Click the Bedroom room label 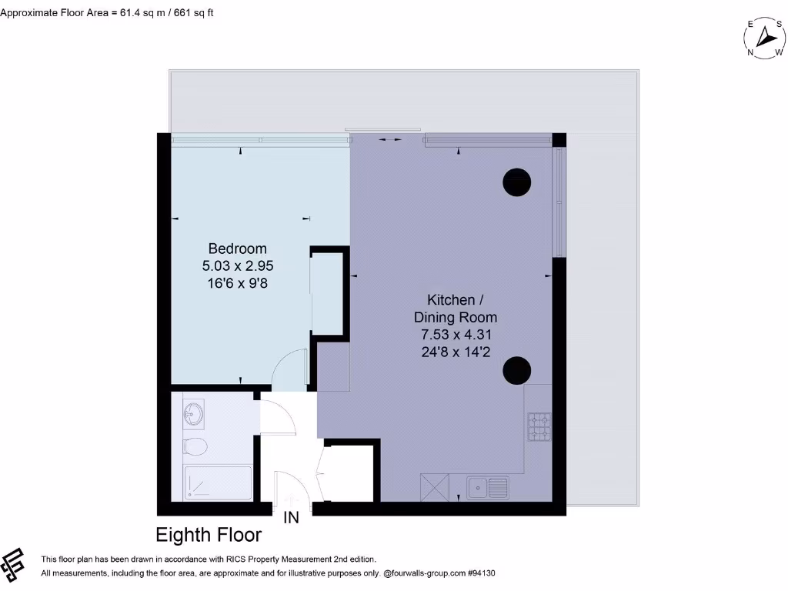pos(238,249)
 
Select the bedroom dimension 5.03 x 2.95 pos(238,265)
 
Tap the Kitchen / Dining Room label pos(456,308)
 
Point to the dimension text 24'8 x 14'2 pos(456,351)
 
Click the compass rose pos(766,38)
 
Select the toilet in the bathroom pos(195,446)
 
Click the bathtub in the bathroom pos(218,483)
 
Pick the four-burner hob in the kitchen pos(539,426)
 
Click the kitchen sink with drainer pos(488,487)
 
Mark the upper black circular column pos(516,182)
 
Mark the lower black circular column pos(516,371)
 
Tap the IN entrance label pos(292,518)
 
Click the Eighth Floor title pos(209,535)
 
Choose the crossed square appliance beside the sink pos(435,487)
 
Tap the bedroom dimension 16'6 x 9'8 pos(238,282)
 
